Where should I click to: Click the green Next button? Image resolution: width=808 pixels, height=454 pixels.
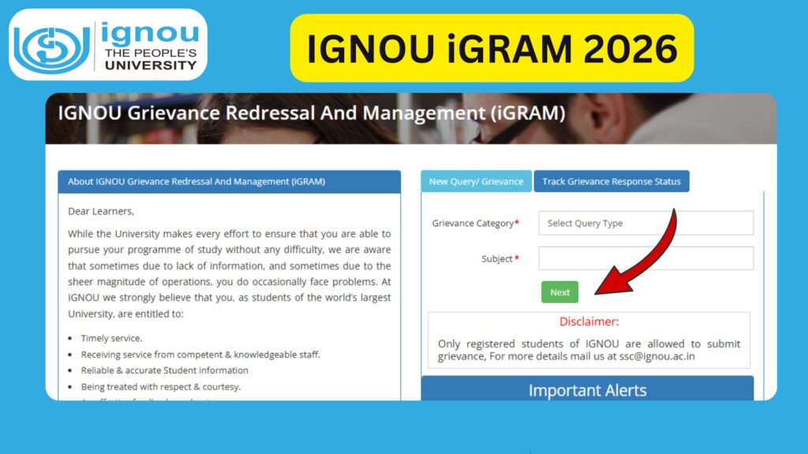point(559,292)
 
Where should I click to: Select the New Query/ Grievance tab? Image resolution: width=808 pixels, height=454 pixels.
point(476,181)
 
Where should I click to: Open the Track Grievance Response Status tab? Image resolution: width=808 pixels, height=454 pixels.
point(612,181)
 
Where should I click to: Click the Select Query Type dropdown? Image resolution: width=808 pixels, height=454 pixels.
point(645,223)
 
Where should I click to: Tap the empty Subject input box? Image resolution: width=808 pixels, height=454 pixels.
point(645,259)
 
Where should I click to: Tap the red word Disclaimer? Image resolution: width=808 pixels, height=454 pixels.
point(589,322)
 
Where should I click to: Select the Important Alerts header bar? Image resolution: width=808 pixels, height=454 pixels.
point(587,389)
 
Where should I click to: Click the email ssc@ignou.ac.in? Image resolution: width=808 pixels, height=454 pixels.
point(657,356)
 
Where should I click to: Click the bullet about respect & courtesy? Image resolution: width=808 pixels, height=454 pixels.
point(160,387)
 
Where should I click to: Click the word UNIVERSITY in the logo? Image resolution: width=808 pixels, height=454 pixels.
point(151,65)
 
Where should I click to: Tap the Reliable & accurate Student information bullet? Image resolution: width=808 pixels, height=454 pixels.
point(164,370)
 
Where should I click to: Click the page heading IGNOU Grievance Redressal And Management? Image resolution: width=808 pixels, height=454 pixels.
point(312,113)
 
